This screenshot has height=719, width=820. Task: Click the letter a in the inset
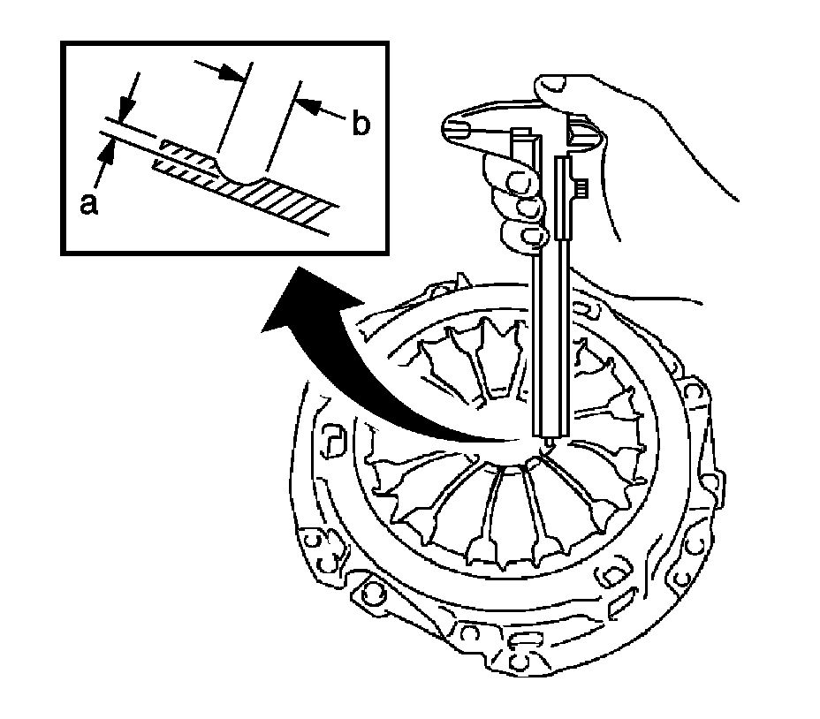click(x=87, y=204)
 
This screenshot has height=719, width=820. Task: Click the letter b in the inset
click(x=360, y=125)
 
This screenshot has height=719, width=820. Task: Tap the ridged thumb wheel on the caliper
click(x=582, y=189)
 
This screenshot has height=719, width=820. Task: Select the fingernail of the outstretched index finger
click(x=459, y=128)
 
